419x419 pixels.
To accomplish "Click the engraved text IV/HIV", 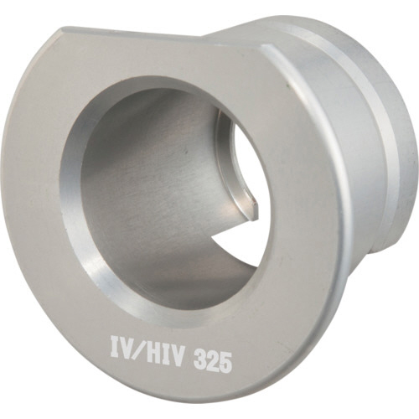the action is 147,349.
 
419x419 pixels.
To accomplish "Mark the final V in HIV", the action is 177,353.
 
